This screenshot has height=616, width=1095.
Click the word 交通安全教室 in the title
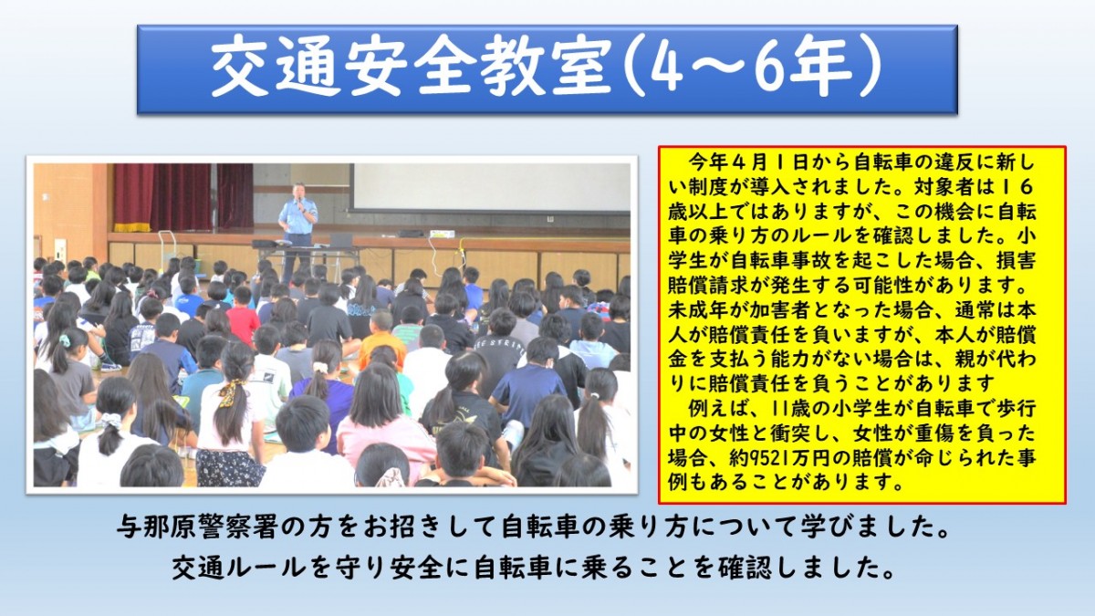411,68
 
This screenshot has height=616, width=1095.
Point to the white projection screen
491,188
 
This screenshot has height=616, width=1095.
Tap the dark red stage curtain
183,195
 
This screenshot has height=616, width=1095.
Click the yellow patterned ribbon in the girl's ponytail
231,391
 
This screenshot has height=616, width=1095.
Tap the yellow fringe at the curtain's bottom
132,227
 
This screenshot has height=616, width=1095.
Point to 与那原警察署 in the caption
196,529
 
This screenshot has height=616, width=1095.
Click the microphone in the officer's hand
299,201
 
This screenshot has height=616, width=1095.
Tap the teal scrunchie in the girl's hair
65,340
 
